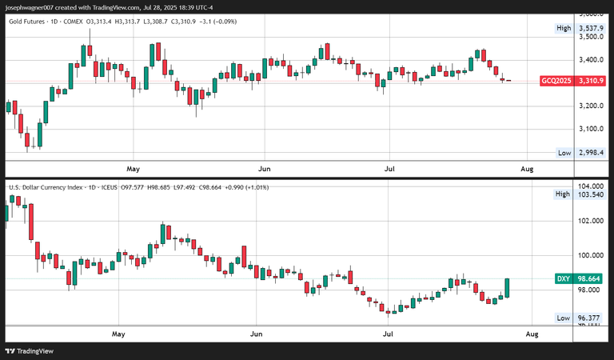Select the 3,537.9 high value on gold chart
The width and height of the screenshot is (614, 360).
click(593, 29)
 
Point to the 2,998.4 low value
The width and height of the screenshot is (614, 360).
click(593, 153)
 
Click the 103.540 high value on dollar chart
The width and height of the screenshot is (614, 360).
click(593, 194)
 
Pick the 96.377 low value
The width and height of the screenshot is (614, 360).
click(593, 318)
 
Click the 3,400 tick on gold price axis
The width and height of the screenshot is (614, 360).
click(593, 60)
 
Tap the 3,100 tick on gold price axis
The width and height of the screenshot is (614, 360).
click(593, 129)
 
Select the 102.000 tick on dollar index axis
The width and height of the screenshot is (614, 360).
click(593, 221)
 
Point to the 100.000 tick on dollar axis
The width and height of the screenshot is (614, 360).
click(593, 256)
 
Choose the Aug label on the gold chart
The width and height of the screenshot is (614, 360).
click(527, 170)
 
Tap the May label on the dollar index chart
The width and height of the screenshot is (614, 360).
click(119, 332)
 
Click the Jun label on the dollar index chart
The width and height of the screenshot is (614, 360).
click(257, 332)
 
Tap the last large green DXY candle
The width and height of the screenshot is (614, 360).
click(508, 287)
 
